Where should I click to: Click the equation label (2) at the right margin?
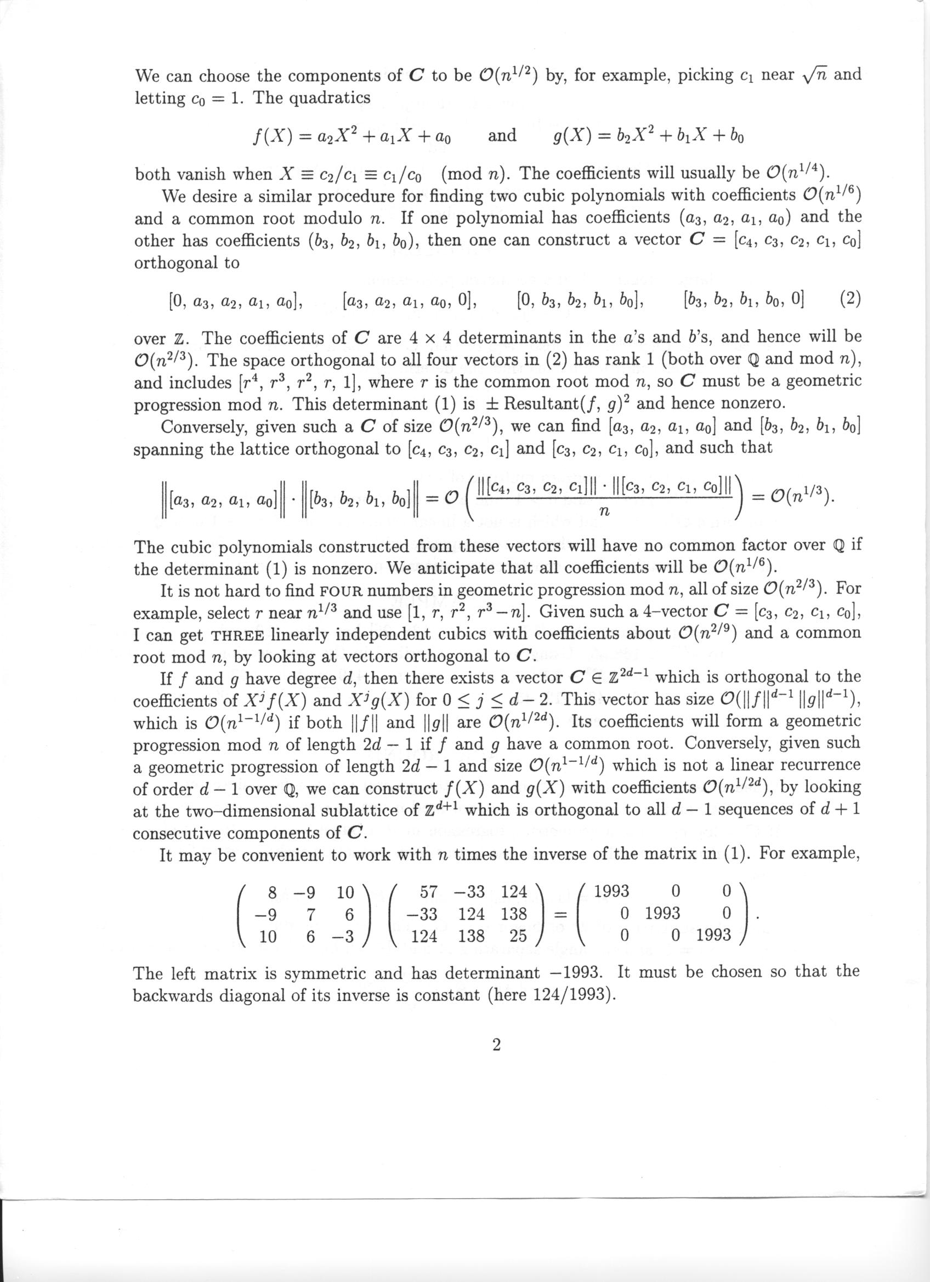849,298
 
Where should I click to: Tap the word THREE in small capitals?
237,635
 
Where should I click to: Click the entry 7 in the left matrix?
309,914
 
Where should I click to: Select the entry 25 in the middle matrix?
517,936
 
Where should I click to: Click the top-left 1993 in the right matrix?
613,891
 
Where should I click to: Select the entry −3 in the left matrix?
342,936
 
